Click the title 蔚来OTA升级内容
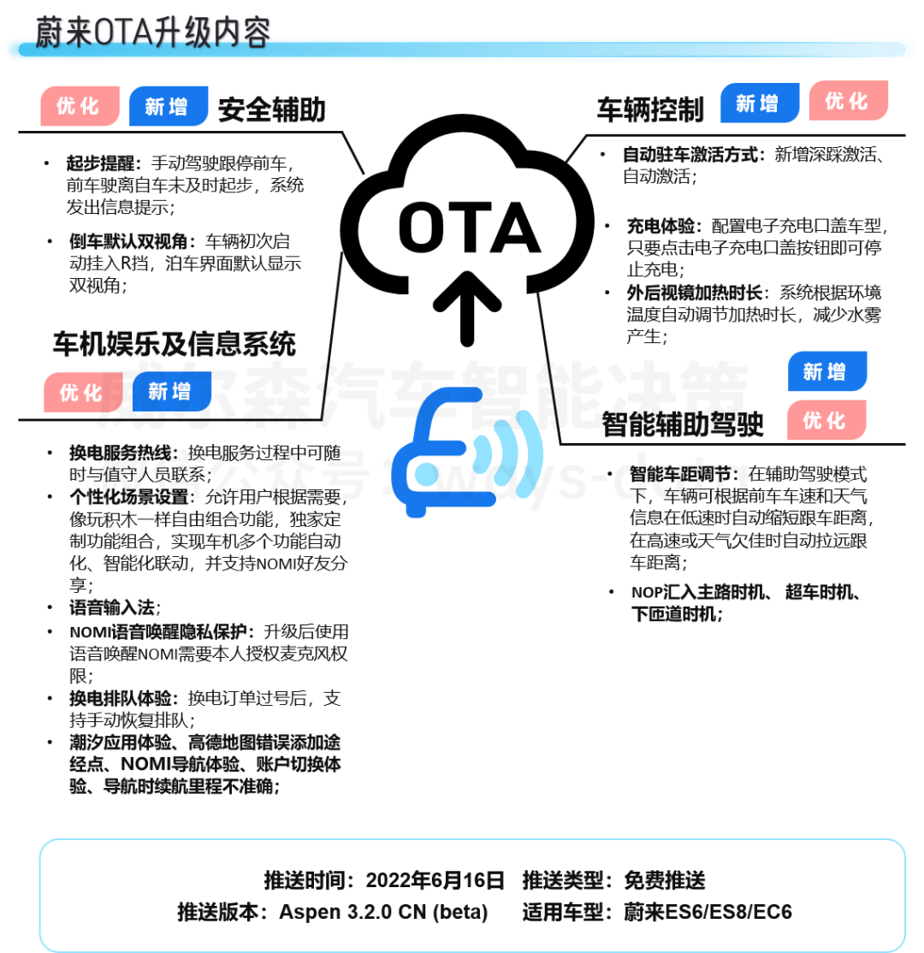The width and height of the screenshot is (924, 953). point(153,33)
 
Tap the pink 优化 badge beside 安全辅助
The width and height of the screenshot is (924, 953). point(79,106)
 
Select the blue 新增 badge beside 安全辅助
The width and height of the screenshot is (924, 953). point(168,106)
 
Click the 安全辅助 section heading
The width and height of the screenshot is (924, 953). point(271,110)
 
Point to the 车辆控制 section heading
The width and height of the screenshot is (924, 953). point(650,110)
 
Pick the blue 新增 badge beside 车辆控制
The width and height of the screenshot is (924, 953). point(759,104)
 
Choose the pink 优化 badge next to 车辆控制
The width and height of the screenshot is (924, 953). point(848,101)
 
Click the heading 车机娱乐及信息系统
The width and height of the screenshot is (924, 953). point(175,344)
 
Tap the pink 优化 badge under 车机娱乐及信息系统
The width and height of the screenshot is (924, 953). point(82,392)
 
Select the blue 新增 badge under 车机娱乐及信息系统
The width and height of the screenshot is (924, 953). point(171,391)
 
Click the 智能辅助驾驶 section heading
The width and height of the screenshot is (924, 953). point(681,423)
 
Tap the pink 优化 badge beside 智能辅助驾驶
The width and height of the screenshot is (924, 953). point(826,420)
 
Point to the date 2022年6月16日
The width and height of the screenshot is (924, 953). point(435,881)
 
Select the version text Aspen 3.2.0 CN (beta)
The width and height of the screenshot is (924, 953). point(382,912)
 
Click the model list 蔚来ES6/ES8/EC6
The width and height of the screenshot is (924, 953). point(708,912)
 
